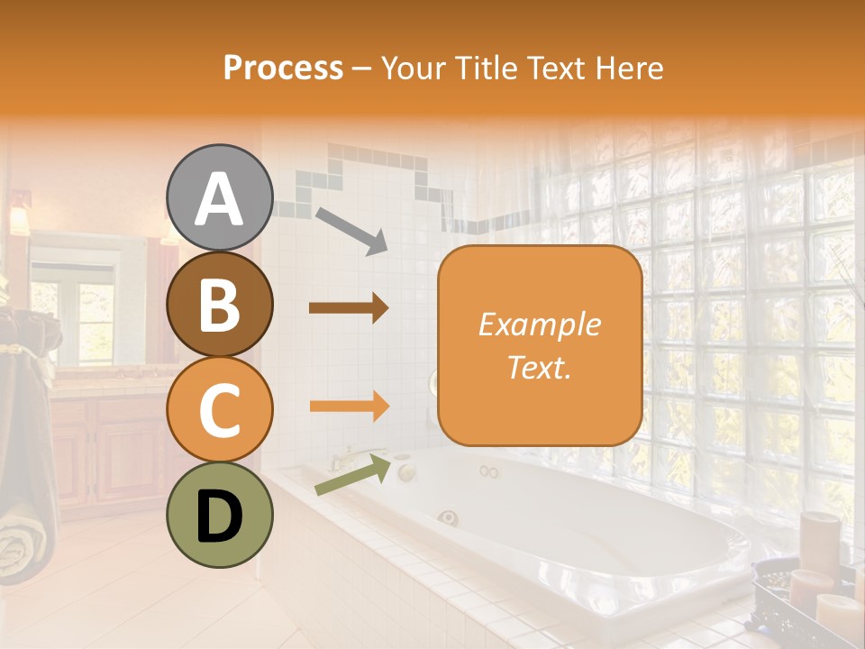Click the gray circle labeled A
pos(220,198)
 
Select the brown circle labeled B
pos(220,305)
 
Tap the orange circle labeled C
pos(220,409)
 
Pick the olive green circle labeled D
pos(220,515)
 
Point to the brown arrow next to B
pos(349,308)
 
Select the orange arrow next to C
pos(349,406)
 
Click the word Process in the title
pos(283,68)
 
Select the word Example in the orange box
pos(540,324)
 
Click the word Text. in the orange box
pos(540,367)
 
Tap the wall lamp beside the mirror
pos(19,216)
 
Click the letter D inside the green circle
pos(220,516)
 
